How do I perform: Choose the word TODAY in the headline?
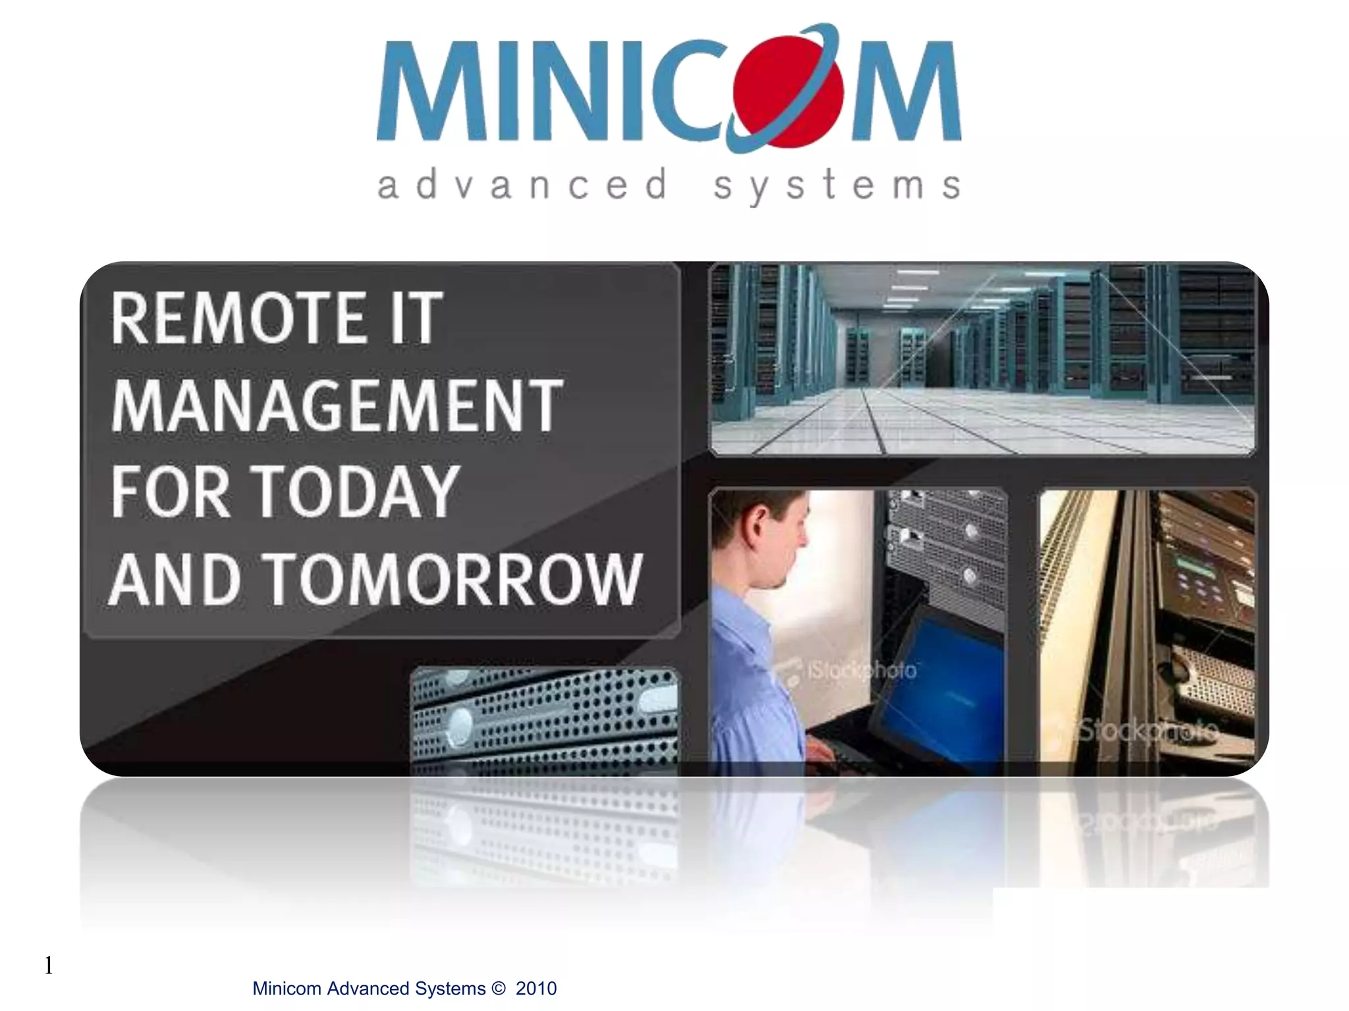coord(356,492)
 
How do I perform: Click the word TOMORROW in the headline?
coord(452,579)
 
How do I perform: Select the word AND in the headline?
coord(175,579)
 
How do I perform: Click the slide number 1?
coord(48,966)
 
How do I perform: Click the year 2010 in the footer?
coord(536,989)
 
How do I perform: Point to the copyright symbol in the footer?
coord(499,989)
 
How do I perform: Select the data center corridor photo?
coord(981,359)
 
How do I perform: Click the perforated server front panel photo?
coord(544,717)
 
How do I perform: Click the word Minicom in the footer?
coord(287,989)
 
